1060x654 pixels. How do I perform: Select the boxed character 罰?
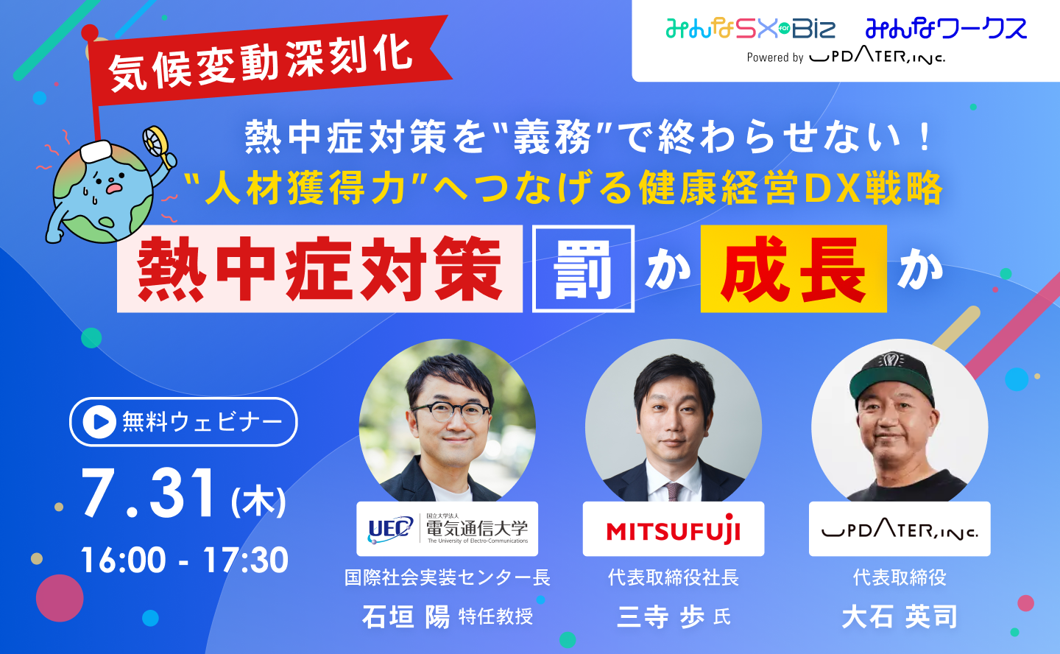click(583, 269)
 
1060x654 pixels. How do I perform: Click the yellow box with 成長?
click(794, 269)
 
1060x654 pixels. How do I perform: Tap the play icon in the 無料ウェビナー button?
click(99, 421)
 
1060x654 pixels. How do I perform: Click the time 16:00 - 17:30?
click(184, 560)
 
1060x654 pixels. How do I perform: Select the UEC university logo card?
click(448, 529)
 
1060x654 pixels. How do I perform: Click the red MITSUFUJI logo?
click(674, 530)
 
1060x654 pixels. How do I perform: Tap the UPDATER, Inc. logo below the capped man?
click(900, 529)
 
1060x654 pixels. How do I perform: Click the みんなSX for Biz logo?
click(751, 29)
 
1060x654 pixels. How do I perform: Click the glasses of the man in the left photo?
click(451, 412)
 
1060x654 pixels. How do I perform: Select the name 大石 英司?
click(900, 616)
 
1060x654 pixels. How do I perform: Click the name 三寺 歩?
click(660, 616)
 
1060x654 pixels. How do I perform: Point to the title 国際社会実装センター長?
click(448, 577)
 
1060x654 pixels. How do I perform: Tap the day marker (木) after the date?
click(258, 502)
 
